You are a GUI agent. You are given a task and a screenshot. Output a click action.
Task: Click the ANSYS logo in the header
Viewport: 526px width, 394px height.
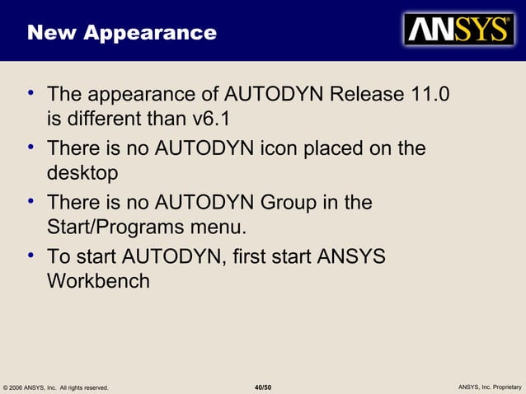[x=458, y=30]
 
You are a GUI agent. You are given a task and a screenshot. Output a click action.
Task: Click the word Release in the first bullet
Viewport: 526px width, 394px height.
[x=367, y=94]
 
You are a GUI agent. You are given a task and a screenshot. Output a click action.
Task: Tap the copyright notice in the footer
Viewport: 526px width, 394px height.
[x=56, y=387]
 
